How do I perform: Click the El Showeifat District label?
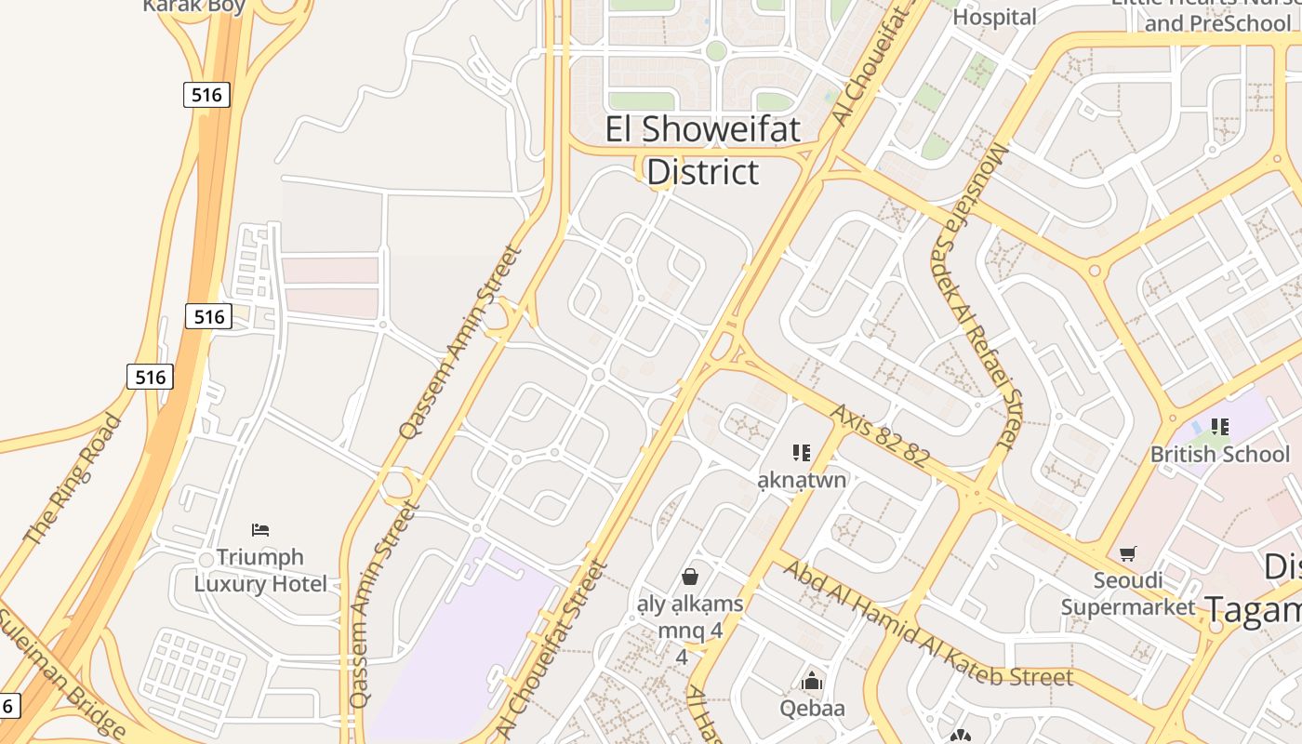703,150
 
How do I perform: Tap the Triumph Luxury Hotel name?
260,570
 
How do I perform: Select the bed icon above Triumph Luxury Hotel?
260,530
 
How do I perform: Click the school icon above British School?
1219,427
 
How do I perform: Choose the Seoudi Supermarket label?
1128,593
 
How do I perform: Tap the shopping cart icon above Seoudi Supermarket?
1128,554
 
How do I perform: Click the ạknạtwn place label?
802,480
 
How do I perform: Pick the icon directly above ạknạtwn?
801,453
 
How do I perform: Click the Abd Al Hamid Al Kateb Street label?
927,624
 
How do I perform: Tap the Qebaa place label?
813,709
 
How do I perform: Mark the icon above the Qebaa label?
813,682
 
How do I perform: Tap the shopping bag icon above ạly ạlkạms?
690,577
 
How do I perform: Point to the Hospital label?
994,17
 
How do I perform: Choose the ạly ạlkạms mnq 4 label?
689,618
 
